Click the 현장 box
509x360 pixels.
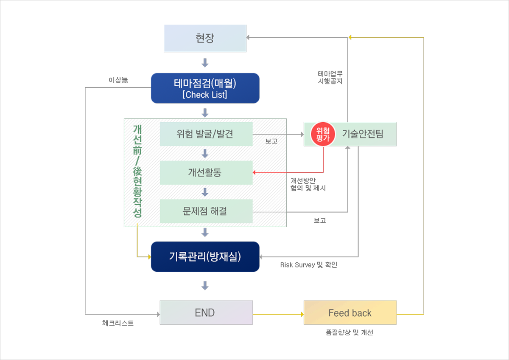205,38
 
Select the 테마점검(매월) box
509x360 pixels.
205,84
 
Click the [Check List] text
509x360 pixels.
205,95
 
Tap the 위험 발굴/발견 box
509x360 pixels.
206,134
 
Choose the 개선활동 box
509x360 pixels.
206,172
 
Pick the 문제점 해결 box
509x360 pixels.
206,211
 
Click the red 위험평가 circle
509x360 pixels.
323,134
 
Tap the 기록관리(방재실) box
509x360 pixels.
205,256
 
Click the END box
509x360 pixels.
206,313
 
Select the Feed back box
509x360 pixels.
350,313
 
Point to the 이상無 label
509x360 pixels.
118,80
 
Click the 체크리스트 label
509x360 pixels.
118,323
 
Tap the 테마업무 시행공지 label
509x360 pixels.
330,77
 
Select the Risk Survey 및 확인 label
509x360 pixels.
308,265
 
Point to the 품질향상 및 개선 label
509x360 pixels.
350,333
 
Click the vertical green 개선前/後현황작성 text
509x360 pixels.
137,172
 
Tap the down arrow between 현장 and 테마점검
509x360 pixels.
205,63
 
